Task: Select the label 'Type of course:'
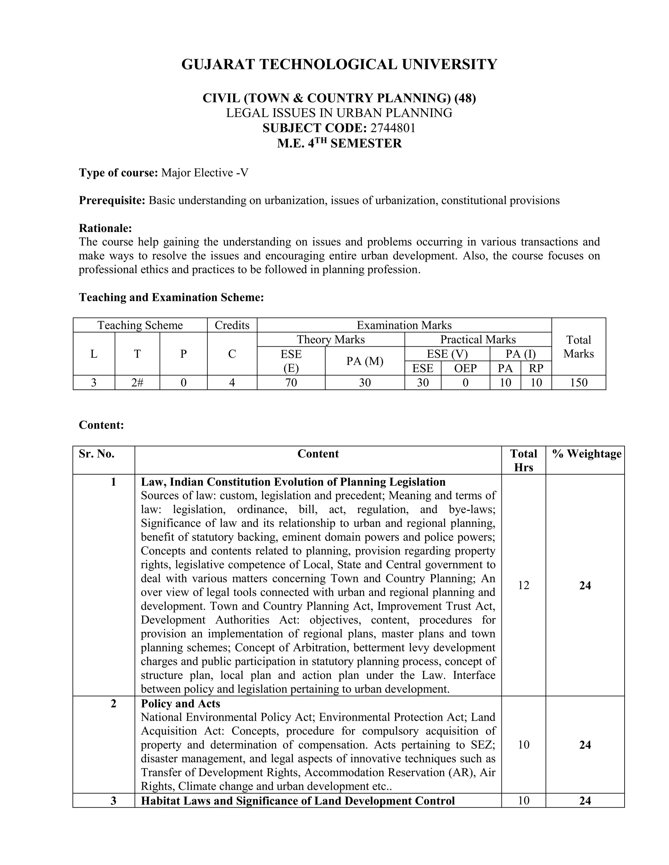coord(119,173)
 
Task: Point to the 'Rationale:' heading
coord(105,228)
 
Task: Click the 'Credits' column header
coord(232,325)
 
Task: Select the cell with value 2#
coord(137,383)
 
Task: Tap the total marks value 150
coord(578,383)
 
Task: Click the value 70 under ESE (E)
coord(291,383)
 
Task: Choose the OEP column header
coord(465,368)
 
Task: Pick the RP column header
coord(536,368)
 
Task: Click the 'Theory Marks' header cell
coord(331,339)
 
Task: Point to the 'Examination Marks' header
coord(404,325)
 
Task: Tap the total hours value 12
coord(523,585)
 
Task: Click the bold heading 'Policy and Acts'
coord(180,703)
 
